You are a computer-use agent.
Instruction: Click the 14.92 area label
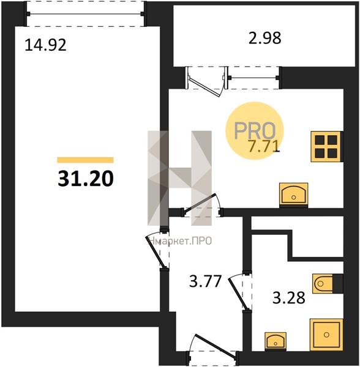45,45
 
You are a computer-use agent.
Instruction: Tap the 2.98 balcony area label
264,38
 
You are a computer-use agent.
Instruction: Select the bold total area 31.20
86,179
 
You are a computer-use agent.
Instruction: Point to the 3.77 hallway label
205,281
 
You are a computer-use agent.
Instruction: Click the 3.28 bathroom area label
289,297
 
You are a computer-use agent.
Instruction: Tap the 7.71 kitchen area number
264,147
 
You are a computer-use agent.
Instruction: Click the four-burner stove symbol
327,147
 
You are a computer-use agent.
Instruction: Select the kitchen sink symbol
294,195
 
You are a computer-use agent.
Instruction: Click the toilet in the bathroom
328,284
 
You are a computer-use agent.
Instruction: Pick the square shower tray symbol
326,335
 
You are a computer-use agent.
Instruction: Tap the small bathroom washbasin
276,341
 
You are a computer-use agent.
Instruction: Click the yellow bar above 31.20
86,160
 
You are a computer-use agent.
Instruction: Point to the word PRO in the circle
255,130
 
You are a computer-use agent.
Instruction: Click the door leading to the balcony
204,81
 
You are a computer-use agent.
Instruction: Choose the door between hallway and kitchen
202,206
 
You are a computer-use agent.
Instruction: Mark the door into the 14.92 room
157,250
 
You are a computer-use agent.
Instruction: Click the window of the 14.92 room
85,14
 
